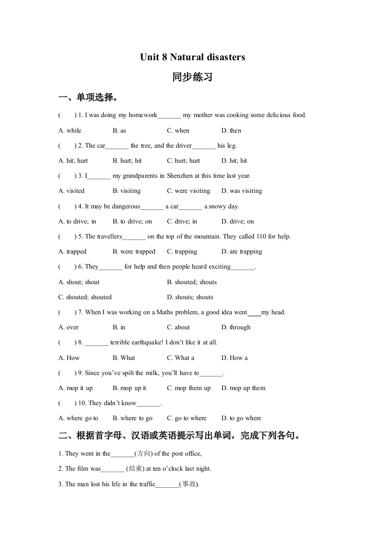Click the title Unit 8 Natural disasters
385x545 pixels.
pos(192,57)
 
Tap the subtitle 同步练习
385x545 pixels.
pos(192,77)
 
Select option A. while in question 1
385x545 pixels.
pos(70,130)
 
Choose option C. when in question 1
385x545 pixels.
pos(178,130)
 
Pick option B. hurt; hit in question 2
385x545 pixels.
pos(127,160)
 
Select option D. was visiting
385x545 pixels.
pos(241,191)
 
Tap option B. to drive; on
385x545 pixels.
pos(132,221)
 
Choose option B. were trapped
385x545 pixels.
pos(134,252)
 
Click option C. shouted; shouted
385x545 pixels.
pos(85,297)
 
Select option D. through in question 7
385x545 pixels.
pos(236,327)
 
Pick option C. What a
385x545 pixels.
pos(181,358)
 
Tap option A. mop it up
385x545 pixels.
pos(75,388)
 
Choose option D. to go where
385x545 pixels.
pos(241,418)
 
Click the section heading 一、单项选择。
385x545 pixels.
pos(88,98)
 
